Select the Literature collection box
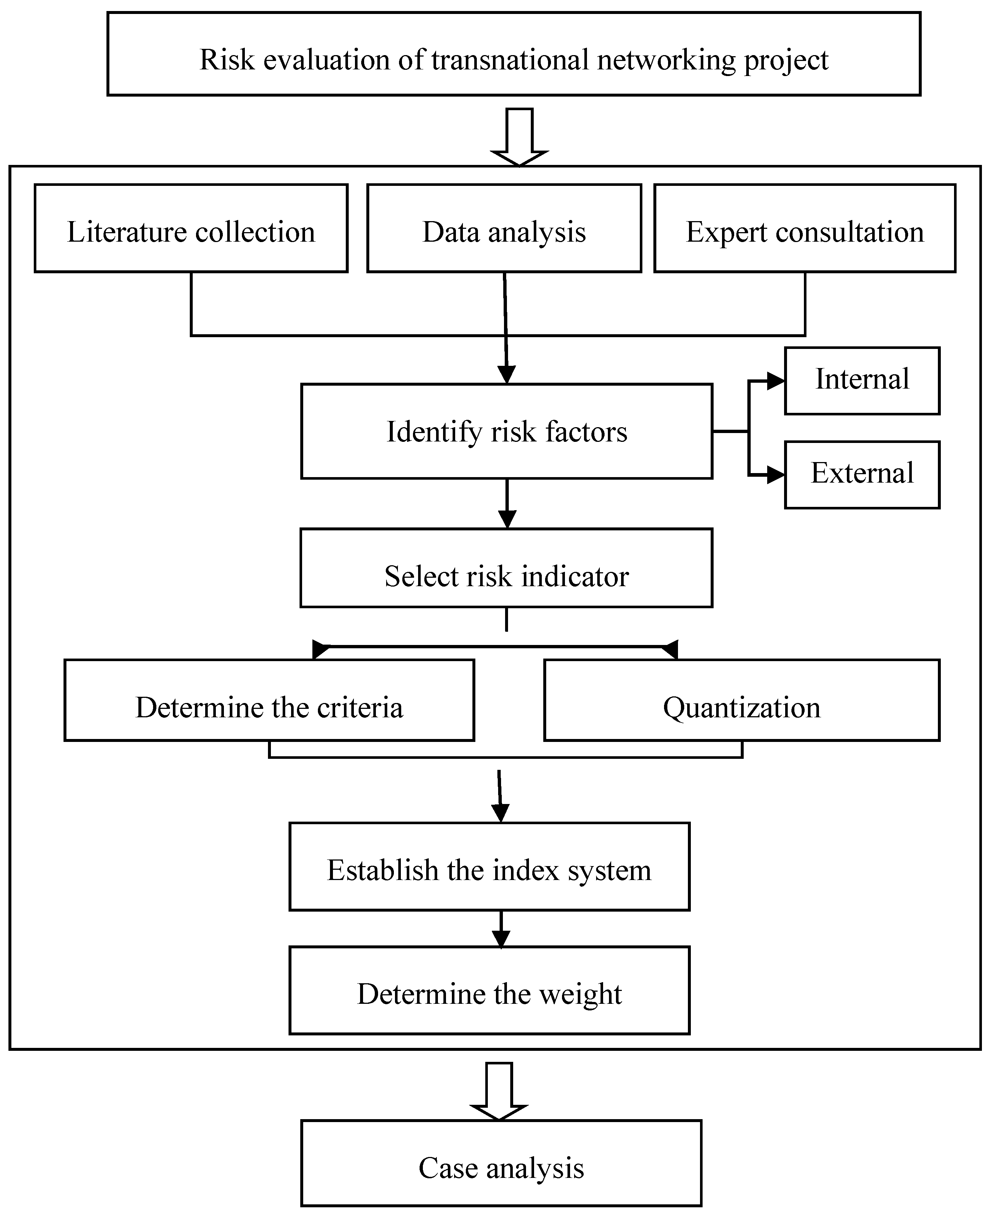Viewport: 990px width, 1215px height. point(191,228)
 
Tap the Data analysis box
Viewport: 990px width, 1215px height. point(504,228)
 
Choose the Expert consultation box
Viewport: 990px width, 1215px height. point(805,228)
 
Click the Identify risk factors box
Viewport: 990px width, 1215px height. point(507,432)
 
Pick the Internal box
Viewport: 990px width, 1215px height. point(862,381)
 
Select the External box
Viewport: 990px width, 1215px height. point(862,474)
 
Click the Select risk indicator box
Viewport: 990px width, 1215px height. point(507,568)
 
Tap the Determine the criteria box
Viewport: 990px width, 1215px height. point(269,700)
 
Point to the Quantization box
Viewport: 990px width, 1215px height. point(741,700)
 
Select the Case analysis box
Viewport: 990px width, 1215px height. point(501,1163)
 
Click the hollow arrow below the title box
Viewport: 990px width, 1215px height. point(519,137)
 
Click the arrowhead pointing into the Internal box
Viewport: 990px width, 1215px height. point(776,381)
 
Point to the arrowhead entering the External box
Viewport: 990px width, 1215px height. point(776,474)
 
